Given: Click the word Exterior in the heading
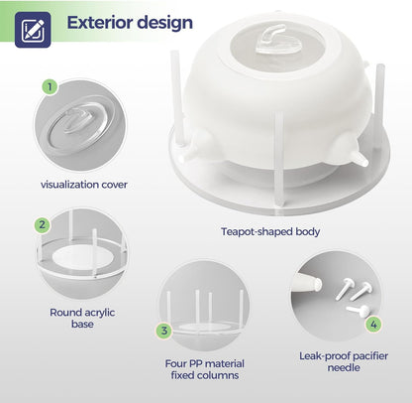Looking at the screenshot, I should click(x=99, y=22).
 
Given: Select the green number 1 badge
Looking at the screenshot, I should click(x=50, y=87).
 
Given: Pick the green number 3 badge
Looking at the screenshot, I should click(x=165, y=331).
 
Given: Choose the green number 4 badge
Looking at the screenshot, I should click(x=373, y=324).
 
